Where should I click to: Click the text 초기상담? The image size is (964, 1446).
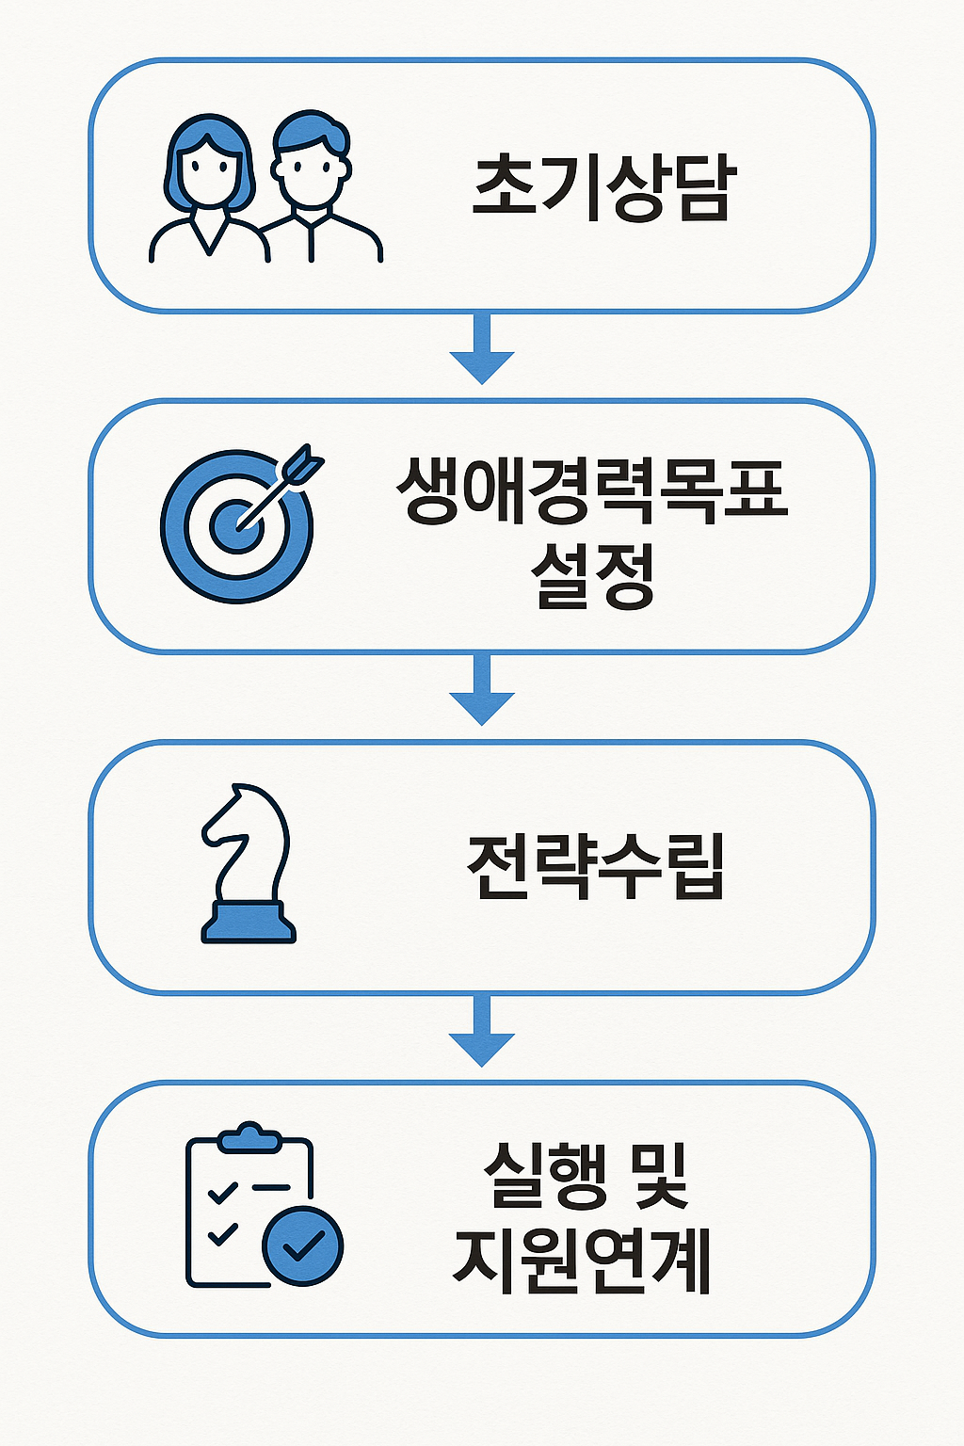602,186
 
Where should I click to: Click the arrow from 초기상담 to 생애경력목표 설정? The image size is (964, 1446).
482,350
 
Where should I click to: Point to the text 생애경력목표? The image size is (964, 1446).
591,490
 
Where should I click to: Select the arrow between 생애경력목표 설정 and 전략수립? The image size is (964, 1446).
482,691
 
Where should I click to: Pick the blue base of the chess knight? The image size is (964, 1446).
249,923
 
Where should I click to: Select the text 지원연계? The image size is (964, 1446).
582,1259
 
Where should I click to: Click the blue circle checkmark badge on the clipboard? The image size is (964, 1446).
303,1245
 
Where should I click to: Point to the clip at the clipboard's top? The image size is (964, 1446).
249,1137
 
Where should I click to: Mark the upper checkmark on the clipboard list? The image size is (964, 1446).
223,1193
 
